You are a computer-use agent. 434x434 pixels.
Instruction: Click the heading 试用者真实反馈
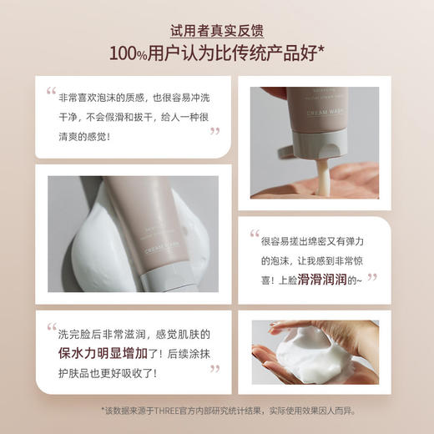coord(217,30)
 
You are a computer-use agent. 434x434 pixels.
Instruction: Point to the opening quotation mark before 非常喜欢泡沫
coord(52,93)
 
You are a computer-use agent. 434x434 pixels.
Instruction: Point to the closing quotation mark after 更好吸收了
coord(214,368)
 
